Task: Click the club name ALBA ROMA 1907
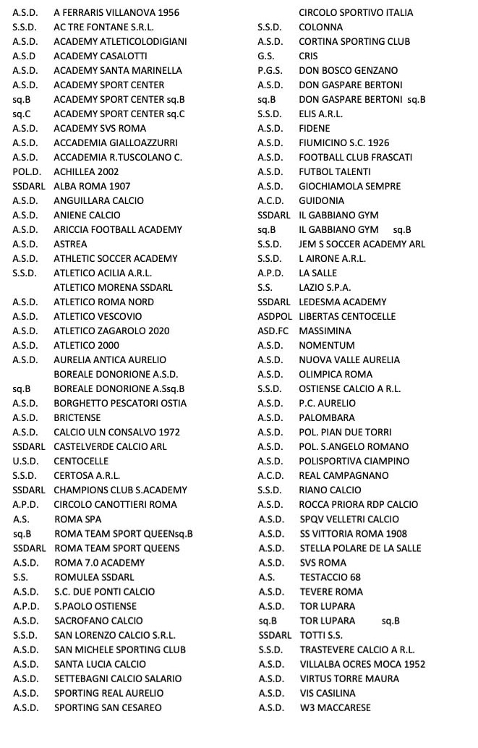pyautogui.click(x=92, y=186)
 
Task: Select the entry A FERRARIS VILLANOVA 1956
pyautogui.click(x=116, y=12)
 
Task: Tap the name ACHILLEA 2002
pyautogui.click(x=86, y=171)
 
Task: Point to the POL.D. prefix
pyautogui.click(x=27, y=171)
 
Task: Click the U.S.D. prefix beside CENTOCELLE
pyautogui.click(x=27, y=461)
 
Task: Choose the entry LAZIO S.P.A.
pyautogui.click(x=325, y=287)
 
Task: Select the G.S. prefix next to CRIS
pyautogui.click(x=267, y=56)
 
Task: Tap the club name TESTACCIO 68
pyautogui.click(x=330, y=577)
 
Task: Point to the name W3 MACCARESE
pyautogui.click(x=335, y=707)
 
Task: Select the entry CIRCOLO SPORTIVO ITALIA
pyautogui.click(x=356, y=12)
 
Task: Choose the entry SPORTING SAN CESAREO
pyautogui.click(x=108, y=707)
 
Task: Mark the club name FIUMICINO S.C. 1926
pyautogui.click(x=344, y=157)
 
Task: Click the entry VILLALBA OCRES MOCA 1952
pyautogui.click(x=362, y=664)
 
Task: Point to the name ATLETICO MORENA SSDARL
pyautogui.click(x=113, y=287)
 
